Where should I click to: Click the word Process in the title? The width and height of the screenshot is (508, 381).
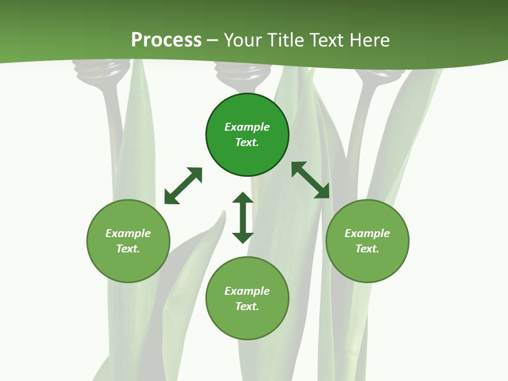(x=166, y=40)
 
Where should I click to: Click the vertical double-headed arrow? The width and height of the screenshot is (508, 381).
(x=243, y=217)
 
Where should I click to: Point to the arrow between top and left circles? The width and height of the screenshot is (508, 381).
(x=183, y=186)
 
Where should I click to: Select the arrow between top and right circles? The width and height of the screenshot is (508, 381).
(x=310, y=180)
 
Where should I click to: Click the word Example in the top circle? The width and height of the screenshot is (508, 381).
(x=247, y=127)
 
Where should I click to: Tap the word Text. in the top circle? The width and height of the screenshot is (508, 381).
(x=247, y=142)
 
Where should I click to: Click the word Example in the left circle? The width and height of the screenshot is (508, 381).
(x=128, y=233)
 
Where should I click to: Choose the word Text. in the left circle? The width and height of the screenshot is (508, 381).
(x=128, y=249)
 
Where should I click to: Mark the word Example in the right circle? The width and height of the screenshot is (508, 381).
(x=367, y=233)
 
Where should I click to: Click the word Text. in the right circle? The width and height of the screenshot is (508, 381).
(x=367, y=249)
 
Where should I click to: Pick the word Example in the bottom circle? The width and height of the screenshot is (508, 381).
(x=247, y=291)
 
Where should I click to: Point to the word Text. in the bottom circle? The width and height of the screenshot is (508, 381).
(x=247, y=306)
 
